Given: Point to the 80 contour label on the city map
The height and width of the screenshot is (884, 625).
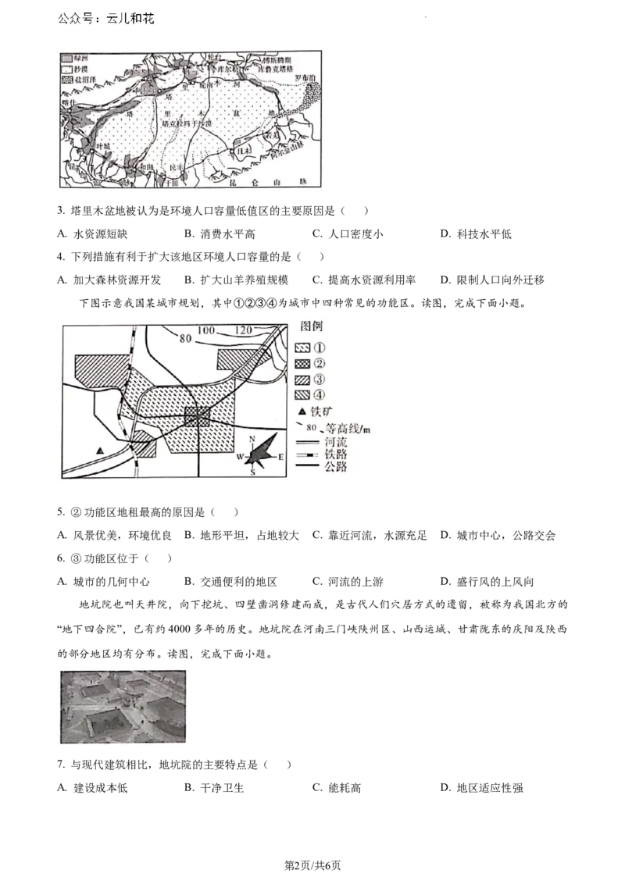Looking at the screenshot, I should pos(185,338).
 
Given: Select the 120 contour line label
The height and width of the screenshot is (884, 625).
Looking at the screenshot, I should pos(243,331).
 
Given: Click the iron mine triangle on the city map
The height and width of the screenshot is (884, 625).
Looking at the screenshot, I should pos(100,451).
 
